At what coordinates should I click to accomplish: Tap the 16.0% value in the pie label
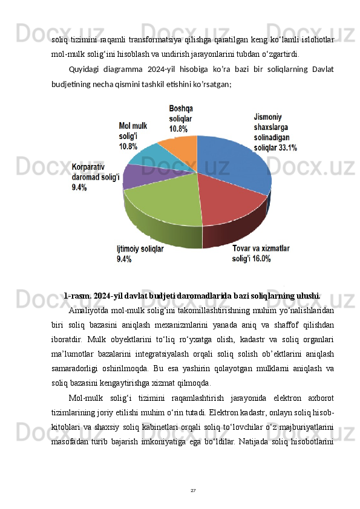[x=261, y=259]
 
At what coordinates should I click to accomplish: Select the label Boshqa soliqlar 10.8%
[x=181, y=118]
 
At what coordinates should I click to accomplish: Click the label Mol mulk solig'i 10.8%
[x=133, y=136]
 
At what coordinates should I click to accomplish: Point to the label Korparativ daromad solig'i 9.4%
[x=96, y=177]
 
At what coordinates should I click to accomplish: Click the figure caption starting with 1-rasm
[x=192, y=296]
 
